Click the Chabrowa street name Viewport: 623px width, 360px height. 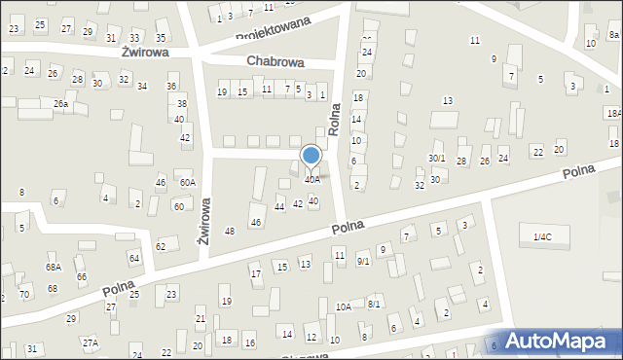(x=275, y=61)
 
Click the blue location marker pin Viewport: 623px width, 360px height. (x=311, y=156)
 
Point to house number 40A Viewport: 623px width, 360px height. (x=311, y=180)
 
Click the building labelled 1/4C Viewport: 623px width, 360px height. (x=542, y=236)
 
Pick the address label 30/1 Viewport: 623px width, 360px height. (x=437, y=159)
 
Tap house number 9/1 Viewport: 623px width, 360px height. (x=363, y=261)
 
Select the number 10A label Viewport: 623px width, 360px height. (x=343, y=306)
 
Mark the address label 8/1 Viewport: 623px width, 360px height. (x=374, y=304)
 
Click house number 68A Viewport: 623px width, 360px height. (x=53, y=267)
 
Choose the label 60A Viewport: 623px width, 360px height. (x=186, y=182)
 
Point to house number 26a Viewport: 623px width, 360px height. (x=60, y=103)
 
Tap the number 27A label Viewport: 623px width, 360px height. (x=91, y=342)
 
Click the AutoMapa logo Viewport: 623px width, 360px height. (x=565, y=341)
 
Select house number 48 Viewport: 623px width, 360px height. (x=230, y=231)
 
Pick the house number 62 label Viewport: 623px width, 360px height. (x=161, y=247)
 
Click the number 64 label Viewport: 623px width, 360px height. (x=134, y=258)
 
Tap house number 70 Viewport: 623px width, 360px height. (x=24, y=293)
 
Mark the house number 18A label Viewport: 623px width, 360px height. (x=613, y=114)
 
